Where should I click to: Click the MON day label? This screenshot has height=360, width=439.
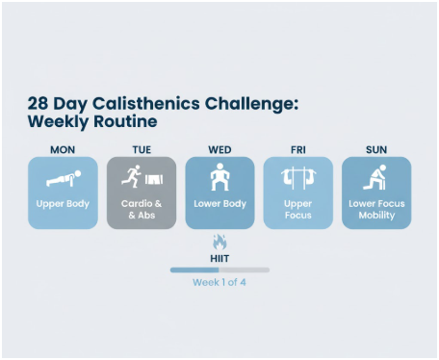click(63, 149)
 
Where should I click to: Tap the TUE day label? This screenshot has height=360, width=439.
click(142, 149)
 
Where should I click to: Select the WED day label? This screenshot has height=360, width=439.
click(219, 149)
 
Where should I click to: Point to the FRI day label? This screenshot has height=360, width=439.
click(298, 149)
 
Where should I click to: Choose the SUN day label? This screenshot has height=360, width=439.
click(376, 149)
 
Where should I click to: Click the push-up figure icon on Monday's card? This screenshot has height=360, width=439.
click(63, 178)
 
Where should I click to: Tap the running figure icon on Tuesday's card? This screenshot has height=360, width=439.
click(130, 179)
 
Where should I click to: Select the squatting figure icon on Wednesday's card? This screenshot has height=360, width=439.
click(219, 178)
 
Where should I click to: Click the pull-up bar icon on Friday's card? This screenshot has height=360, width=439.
click(298, 179)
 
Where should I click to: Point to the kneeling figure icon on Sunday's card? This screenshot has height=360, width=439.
click(376, 179)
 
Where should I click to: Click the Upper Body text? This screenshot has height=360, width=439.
click(63, 204)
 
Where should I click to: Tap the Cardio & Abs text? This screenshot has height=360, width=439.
click(142, 209)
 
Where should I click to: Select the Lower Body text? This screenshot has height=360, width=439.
click(219, 204)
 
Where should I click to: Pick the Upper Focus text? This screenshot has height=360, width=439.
click(298, 209)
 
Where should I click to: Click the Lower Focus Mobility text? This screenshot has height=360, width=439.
click(376, 209)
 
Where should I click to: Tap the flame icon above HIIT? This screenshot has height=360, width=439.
click(219, 242)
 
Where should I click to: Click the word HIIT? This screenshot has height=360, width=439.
click(219, 258)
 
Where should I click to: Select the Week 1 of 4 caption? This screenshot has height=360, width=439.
click(219, 283)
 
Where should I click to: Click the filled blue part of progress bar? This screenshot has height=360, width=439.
click(194, 270)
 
